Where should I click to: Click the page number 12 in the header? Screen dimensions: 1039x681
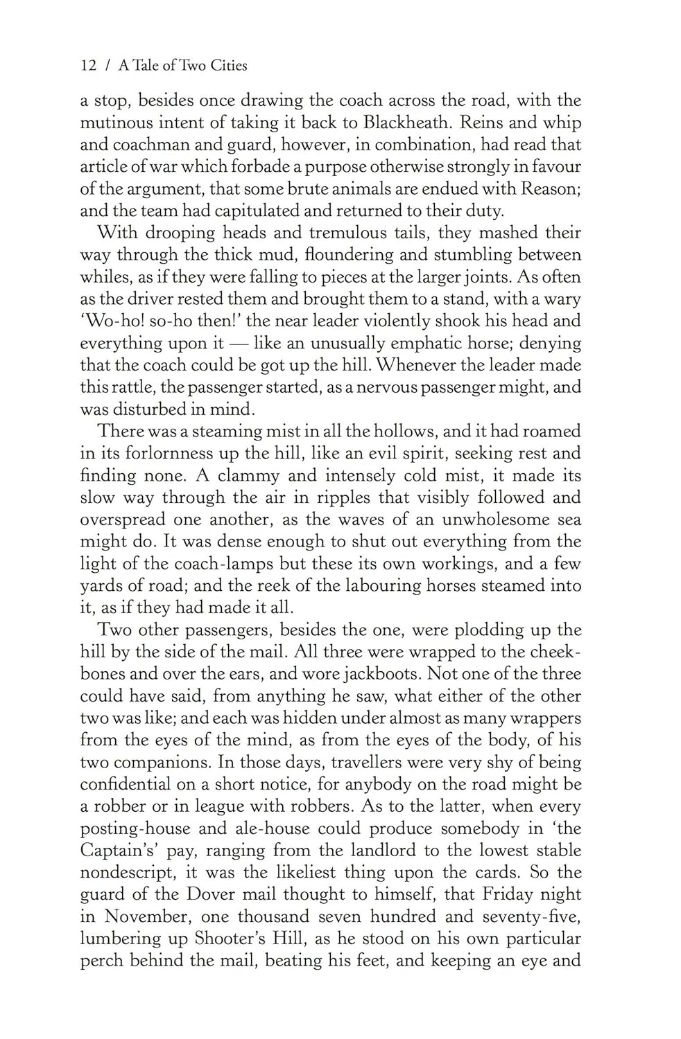pyautogui.click(x=88, y=66)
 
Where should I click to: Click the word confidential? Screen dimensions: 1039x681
pyautogui.click(x=125, y=785)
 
